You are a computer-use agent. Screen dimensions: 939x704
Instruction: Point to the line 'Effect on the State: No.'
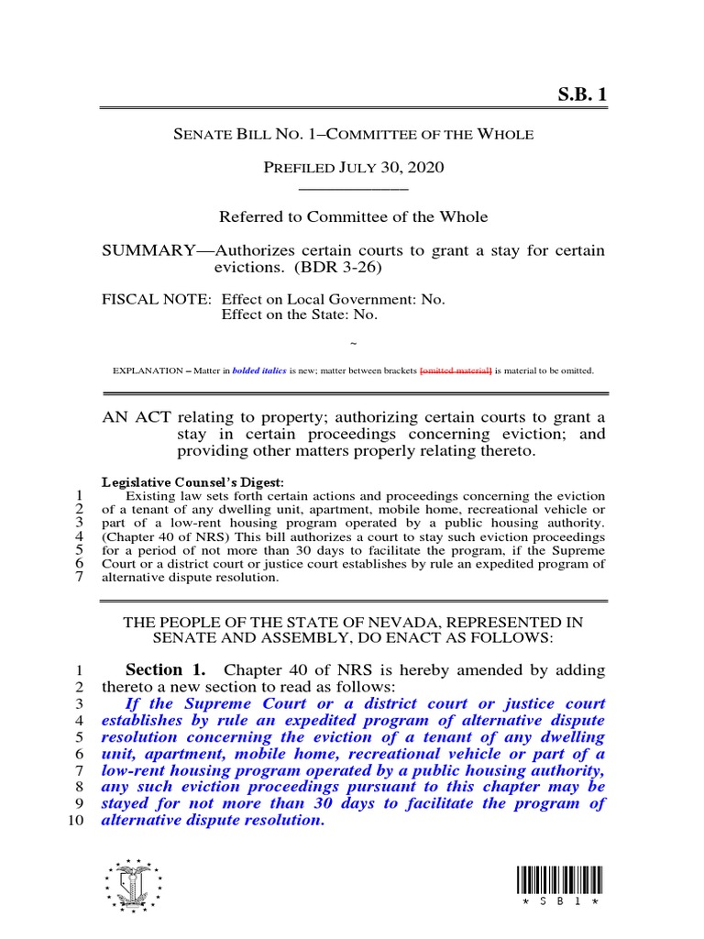point(300,315)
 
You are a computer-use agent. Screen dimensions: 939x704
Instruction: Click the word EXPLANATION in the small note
point(147,371)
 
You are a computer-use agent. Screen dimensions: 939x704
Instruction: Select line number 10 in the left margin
point(76,821)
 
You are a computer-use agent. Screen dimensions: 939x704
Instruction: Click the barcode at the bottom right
point(559,880)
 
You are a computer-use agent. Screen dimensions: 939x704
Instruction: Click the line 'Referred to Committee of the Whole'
point(353,217)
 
